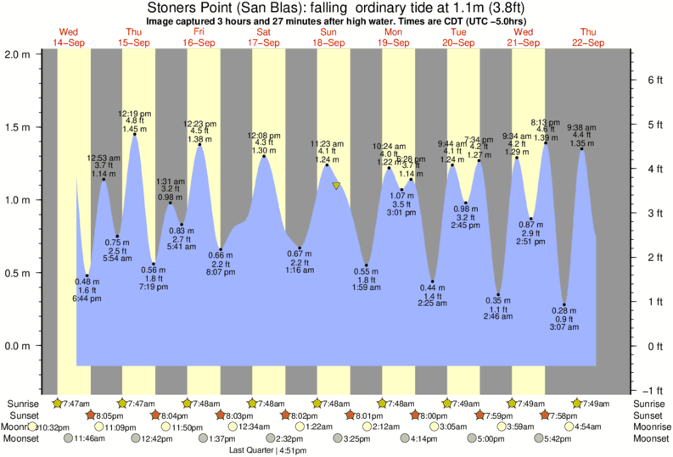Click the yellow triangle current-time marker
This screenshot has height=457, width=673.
point(336,186)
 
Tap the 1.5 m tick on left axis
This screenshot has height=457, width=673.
point(18,127)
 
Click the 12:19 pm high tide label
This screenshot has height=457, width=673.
point(134,114)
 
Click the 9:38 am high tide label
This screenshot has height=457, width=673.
point(580,127)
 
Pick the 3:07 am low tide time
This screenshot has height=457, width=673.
point(564,326)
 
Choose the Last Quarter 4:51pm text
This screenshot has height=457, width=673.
point(267,450)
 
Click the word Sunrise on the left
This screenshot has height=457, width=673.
point(21,403)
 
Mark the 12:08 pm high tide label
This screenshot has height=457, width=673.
point(264,136)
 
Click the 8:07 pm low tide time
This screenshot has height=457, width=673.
point(221,273)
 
